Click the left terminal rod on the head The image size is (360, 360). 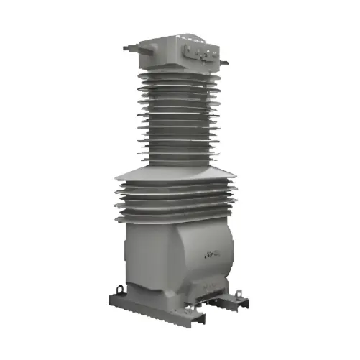[128, 48]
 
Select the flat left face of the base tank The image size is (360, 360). [144, 255]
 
